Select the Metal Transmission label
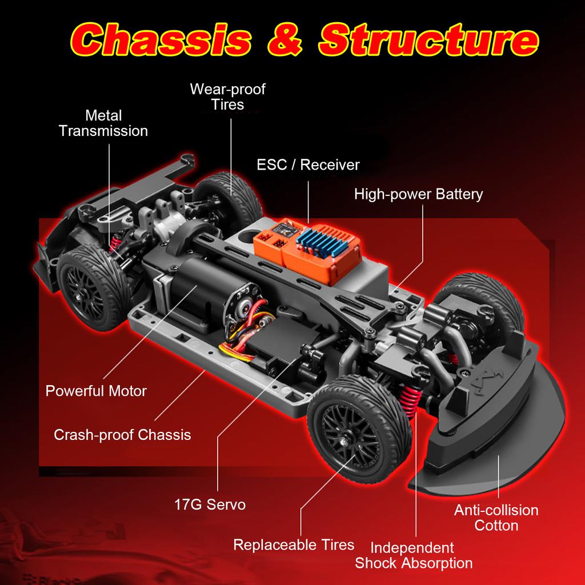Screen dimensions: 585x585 (103, 123)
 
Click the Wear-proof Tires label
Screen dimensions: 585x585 (227, 97)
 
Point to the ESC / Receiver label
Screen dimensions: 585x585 (308, 165)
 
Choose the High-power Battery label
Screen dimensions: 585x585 (418, 194)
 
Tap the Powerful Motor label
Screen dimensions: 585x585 (96, 391)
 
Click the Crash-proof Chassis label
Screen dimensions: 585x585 (122, 435)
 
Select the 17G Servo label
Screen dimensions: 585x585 (210, 504)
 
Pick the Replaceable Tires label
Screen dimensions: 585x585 (294, 544)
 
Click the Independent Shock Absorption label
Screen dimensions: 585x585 (414, 556)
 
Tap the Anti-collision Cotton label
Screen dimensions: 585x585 (496, 518)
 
